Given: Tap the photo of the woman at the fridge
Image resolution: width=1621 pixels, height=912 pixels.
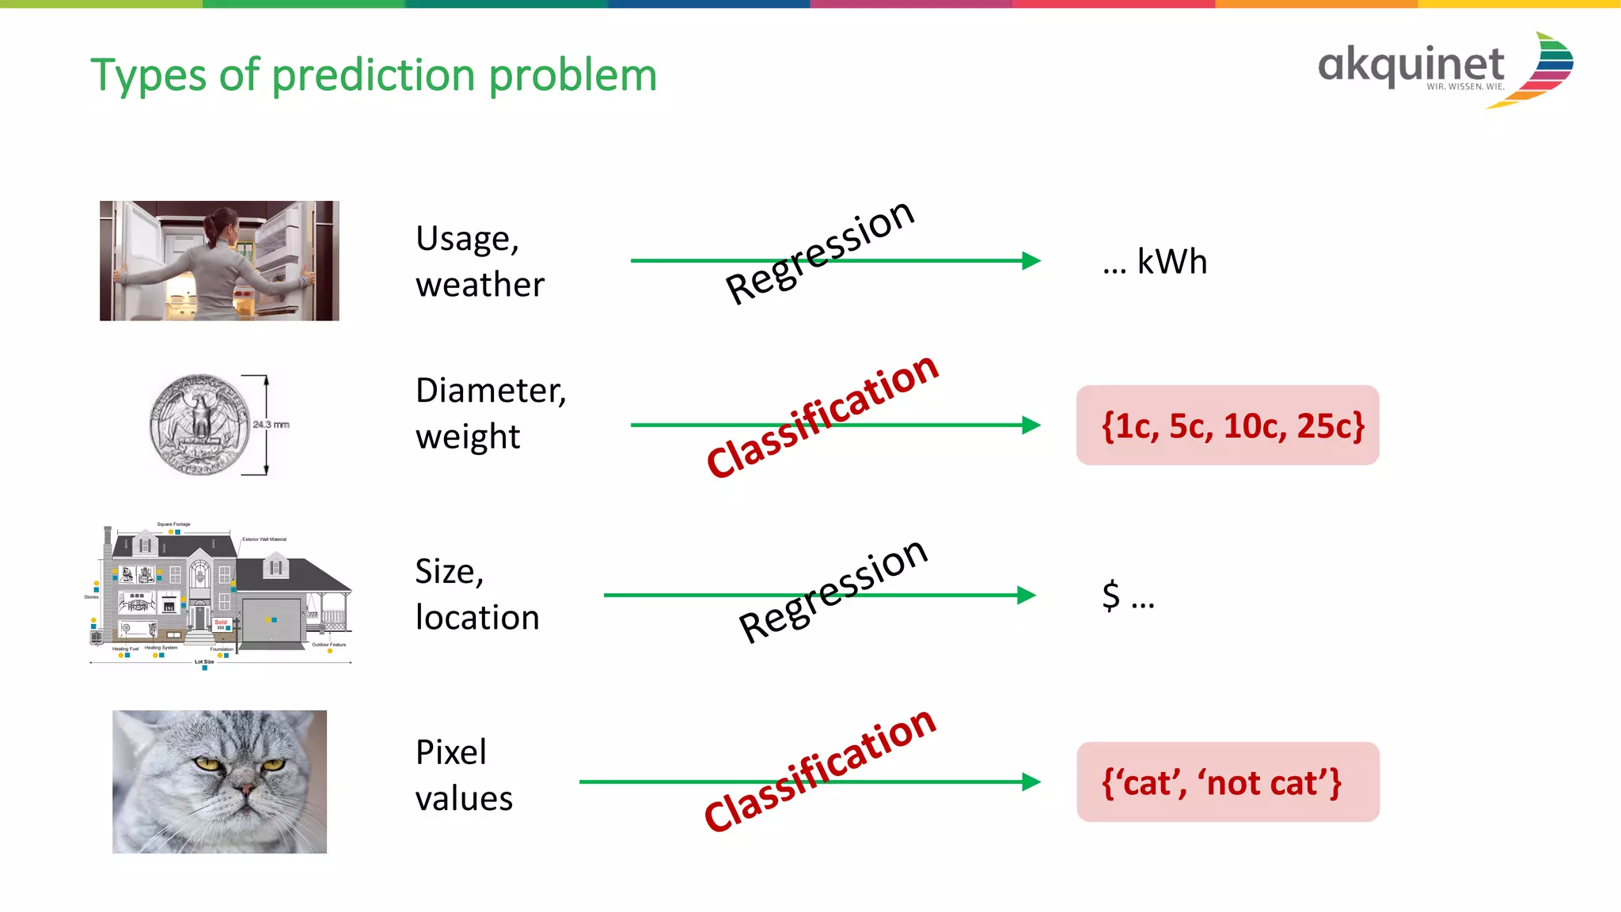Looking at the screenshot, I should (x=219, y=260).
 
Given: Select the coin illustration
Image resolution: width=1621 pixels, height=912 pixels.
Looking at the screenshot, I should (x=199, y=425).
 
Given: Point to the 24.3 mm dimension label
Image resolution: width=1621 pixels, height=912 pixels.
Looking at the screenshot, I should (x=271, y=425).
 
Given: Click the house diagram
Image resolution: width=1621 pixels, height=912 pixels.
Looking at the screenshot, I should (x=219, y=595).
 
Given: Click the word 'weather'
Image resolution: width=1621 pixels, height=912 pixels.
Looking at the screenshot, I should (x=480, y=285).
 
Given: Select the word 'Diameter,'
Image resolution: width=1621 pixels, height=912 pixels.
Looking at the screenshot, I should (x=491, y=391).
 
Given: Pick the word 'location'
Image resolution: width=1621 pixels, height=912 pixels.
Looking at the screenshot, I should (x=477, y=618).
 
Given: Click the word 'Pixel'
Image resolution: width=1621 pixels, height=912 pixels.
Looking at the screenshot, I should (x=450, y=752).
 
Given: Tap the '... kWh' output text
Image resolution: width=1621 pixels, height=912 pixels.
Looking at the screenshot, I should (x=1155, y=262).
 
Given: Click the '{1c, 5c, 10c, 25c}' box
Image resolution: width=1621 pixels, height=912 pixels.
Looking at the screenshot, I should (x=1228, y=426).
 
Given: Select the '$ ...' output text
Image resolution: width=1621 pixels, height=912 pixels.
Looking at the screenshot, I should (x=1128, y=596).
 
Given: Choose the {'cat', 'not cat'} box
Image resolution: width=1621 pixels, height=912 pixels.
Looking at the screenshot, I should (x=1228, y=782).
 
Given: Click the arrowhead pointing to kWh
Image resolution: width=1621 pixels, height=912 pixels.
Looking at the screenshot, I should (x=1031, y=260).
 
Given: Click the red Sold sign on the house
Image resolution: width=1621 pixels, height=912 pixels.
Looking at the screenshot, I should (x=221, y=623).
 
